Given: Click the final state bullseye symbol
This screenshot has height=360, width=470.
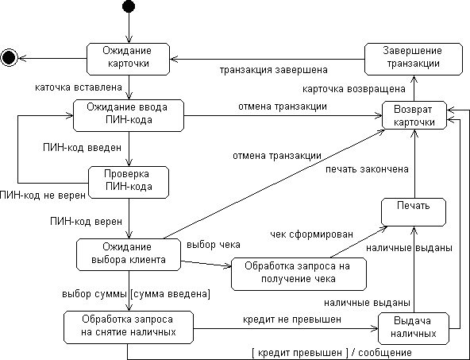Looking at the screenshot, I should (x=10, y=56).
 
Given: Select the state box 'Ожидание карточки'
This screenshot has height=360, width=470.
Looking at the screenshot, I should (x=128, y=57).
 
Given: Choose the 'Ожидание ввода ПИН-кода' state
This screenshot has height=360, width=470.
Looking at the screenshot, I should (x=128, y=114).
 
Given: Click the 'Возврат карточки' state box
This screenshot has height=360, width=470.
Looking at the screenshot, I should (x=414, y=115).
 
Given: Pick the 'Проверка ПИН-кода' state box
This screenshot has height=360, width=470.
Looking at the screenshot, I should (x=128, y=180).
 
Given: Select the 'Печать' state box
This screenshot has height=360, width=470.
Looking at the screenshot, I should (x=414, y=207).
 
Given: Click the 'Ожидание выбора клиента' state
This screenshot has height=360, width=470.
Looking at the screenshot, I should (x=128, y=254).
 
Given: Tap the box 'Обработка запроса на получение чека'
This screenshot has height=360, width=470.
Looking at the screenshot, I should (x=299, y=272).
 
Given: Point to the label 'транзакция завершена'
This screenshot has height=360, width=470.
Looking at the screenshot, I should (x=268, y=69).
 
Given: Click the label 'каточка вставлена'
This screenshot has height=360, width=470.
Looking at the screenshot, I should (x=67, y=85).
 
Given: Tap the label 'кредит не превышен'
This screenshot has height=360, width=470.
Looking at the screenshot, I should (x=291, y=319).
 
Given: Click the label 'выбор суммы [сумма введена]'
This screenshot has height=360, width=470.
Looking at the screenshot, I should (x=136, y=295).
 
